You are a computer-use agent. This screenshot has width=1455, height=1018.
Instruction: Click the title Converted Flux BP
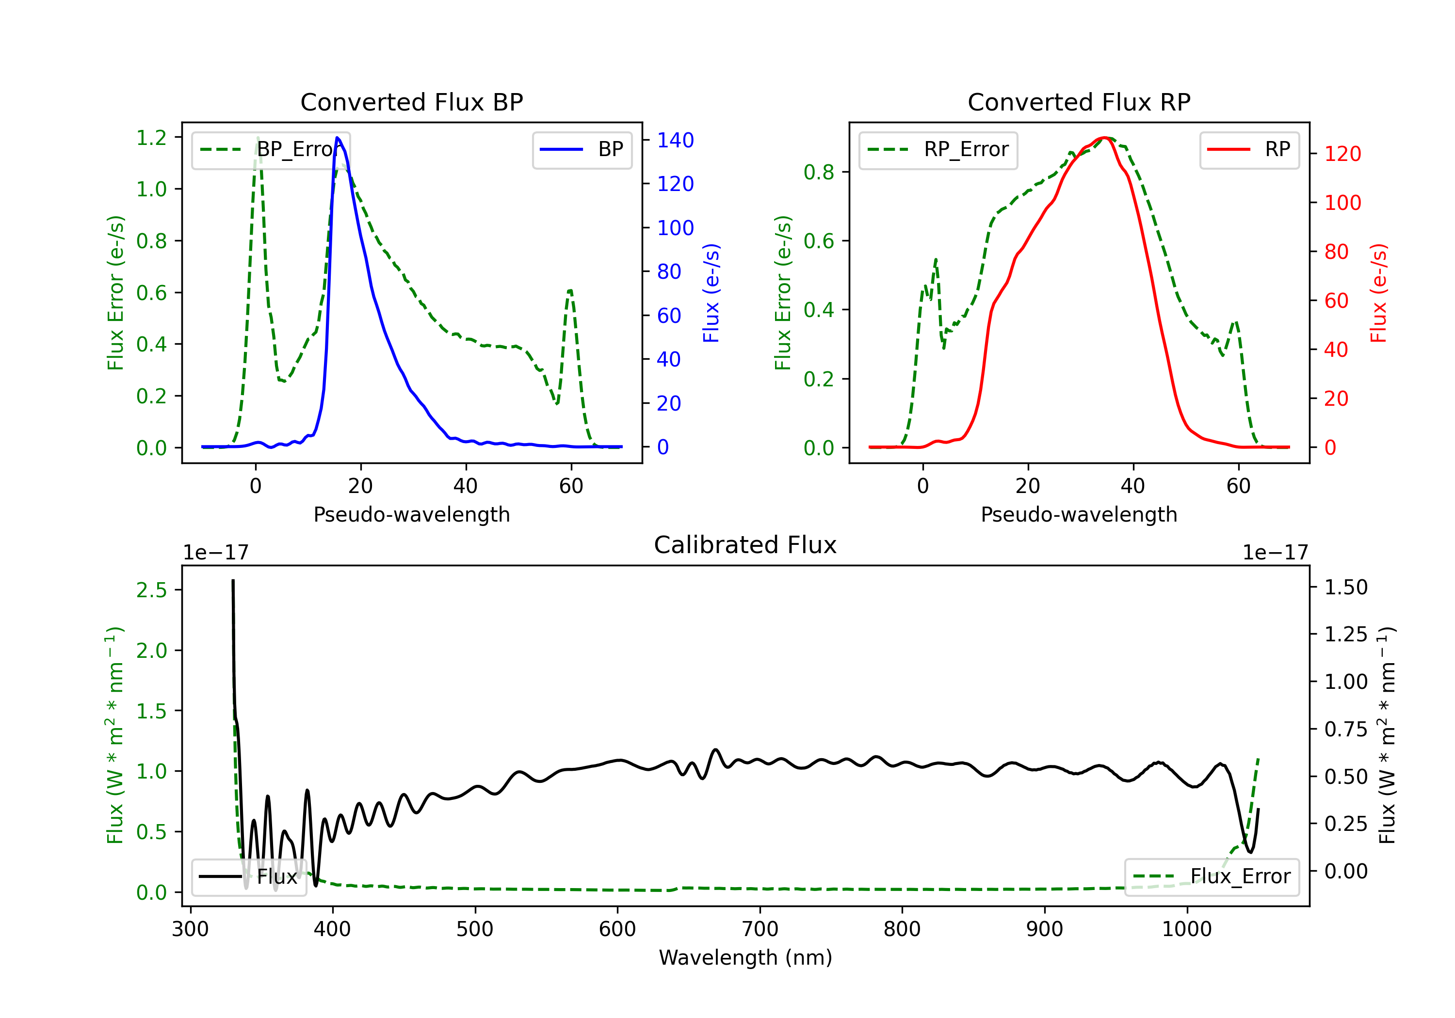pyautogui.click(x=411, y=102)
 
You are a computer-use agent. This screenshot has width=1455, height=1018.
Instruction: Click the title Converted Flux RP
pyautogui.click(x=1079, y=102)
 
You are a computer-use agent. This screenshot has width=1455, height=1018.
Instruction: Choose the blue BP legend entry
pyautogui.click(x=582, y=149)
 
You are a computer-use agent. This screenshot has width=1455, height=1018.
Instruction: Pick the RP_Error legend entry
pyautogui.click(x=938, y=149)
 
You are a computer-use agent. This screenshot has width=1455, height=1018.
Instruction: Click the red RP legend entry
pyautogui.click(x=1249, y=149)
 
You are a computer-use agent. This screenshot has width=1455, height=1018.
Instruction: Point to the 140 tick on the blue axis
pyautogui.click(x=675, y=140)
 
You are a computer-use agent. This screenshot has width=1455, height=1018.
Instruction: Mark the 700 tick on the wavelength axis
pyautogui.click(x=760, y=929)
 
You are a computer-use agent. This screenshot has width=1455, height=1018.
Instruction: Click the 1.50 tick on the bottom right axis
pyautogui.click(x=1346, y=587)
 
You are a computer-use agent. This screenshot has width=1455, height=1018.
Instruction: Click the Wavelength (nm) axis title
pyautogui.click(x=745, y=957)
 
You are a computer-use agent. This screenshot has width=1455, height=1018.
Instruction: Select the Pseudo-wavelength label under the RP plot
pyautogui.click(x=1079, y=514)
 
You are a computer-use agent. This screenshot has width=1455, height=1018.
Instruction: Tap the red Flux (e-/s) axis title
pyautogui.click(x=1378, y=293)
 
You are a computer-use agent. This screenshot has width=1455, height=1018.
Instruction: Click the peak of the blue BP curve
pyautogui.click(x=337, y=138)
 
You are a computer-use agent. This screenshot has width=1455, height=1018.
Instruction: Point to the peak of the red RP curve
pyautogui.click(x=1104, y=138)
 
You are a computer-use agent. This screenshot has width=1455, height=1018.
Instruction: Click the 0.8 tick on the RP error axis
pyautogui.click(x=818, y=172)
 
